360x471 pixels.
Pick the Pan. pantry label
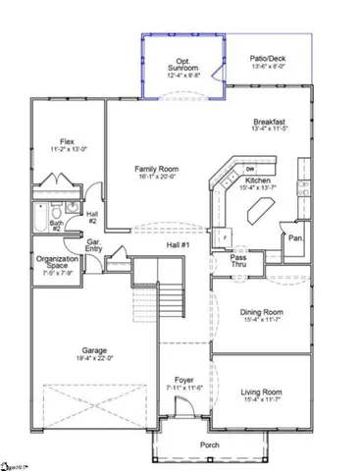click(x=294, y=237)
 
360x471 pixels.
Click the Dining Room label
click(x=262, y=316)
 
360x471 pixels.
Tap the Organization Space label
click(x=57, y=264)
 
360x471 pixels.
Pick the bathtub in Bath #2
click(x=37, y=214)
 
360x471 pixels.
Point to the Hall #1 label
click(x=178, y=243)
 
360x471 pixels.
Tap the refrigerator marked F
click(x=224, y=237)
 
